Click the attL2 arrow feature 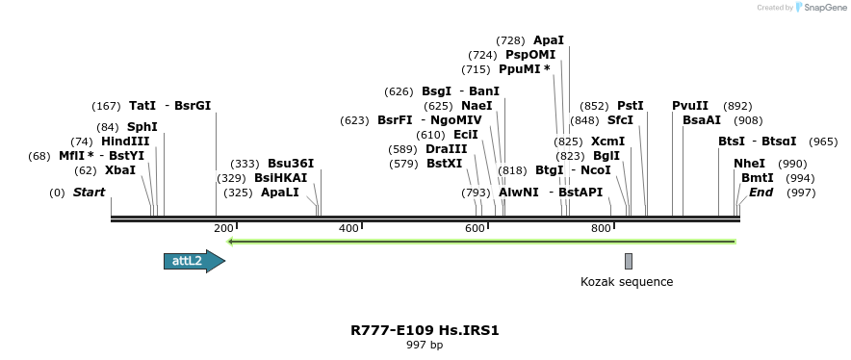[193, 261]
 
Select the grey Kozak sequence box [629, 261]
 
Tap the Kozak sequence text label [627, 282]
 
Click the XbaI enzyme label [120, 170]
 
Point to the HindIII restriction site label [125, 141]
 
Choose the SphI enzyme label [142, 127]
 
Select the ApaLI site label [280, 193]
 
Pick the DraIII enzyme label [446, 149]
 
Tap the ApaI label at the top [548, 40]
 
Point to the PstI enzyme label [631, 106]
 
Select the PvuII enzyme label [690, 106]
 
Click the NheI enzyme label [749, 164]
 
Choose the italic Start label [89, 193]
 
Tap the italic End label [761, 193]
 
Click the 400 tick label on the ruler [348, 228]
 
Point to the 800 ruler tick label [601, 228]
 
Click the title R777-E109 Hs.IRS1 [425, 330]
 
